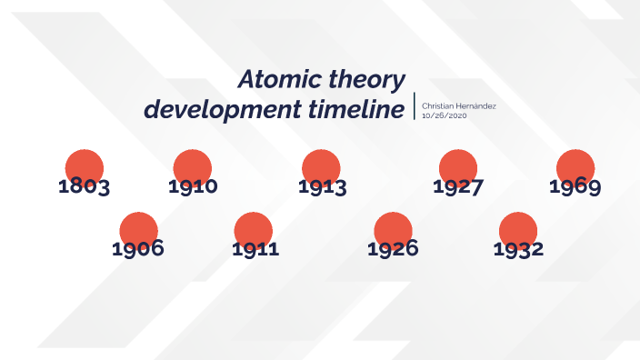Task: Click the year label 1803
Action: pos(84,188)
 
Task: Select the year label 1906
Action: pos(138,248)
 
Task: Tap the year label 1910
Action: pos(193,188)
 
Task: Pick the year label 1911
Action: pos(255,248)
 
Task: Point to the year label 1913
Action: pos(322,188)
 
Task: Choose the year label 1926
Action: pos(393,248)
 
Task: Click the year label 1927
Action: pos(458,188)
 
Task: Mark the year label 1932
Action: pos(518,248)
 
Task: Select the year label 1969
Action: pos(575,188)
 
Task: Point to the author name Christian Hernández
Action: pos(459,106)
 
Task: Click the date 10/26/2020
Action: pos(444,115)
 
